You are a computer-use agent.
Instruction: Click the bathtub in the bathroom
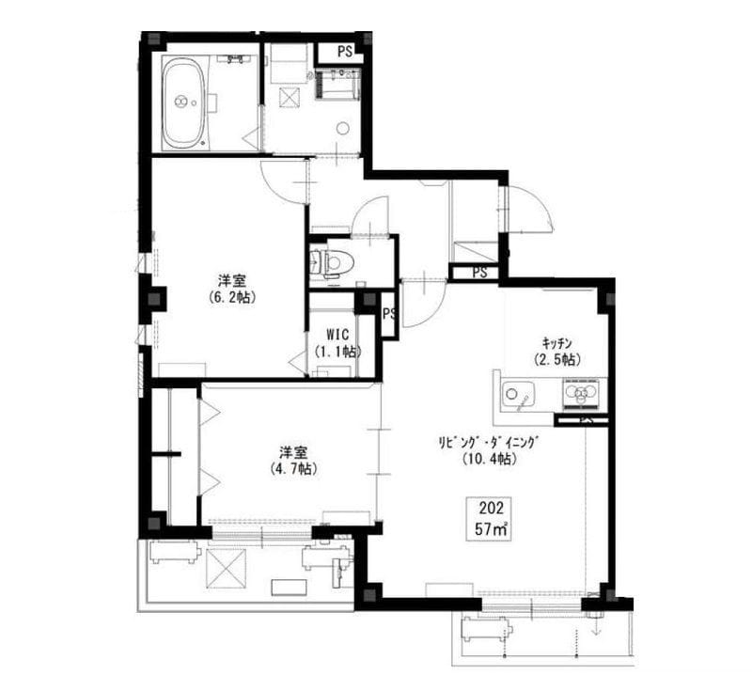[185, 102]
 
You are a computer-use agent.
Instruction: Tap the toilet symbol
[332, 263]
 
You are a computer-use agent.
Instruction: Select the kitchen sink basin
[519, 394]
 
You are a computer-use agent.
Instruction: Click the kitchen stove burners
[582, 392]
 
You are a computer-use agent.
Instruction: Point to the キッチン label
[556, 342]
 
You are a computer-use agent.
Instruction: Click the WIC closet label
[337, 334]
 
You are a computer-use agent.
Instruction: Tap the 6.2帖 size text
[232, 297]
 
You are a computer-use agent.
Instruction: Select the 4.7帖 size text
[293, 468]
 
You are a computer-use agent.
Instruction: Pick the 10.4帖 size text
[489, 459]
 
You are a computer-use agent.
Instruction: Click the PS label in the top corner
[344, 52]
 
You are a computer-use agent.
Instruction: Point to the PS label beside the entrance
[479, 273]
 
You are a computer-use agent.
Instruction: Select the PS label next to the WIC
[389, 314]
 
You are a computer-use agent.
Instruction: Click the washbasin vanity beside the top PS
[337, 83]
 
